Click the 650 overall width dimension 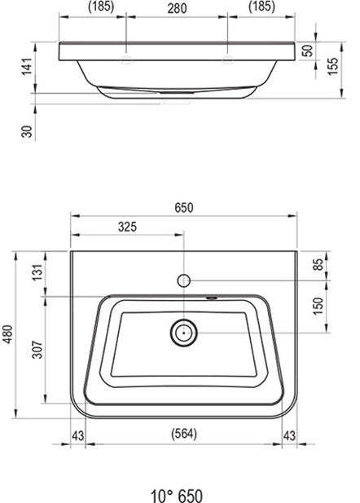pyautogui.click(x=184, y=208)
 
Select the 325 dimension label pyautogui.click(x=127, y=227)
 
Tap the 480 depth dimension pyautogui.click(x=7, y=334)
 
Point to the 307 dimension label pyautogui.click(x=37, y=350)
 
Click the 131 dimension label pyautogui.click(x=37, y=272)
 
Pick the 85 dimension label pyautogui.click(x=318, y=265)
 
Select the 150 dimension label pyautogui.click(x=318, y=306)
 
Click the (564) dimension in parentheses pyautogui.click(x=184, y=434)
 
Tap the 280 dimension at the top pyautogui.click(x=177, y=9)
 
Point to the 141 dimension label pyautogui.click(x=27, y=67)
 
